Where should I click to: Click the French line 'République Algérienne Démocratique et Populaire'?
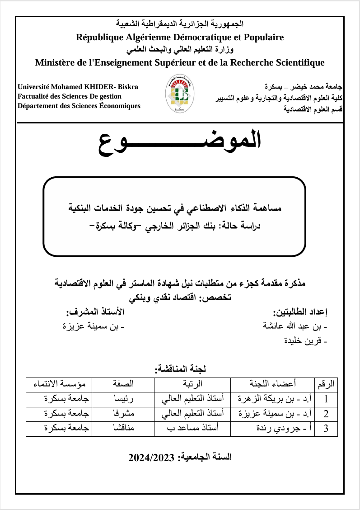tap(180, 37)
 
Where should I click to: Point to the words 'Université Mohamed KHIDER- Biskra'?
tap(78, 86)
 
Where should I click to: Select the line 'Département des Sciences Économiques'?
tap(79, 106)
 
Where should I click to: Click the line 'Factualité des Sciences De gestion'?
tap(69, 96)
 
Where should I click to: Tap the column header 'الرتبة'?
tap(193, 385)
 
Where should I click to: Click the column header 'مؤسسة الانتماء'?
tap(59, 385)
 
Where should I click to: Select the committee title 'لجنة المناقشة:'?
tap(180, 369)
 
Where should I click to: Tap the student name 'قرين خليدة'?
tap(306, 342)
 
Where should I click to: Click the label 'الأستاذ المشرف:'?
tap(95, 312)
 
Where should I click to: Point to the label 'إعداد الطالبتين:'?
tap(300, 312)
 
